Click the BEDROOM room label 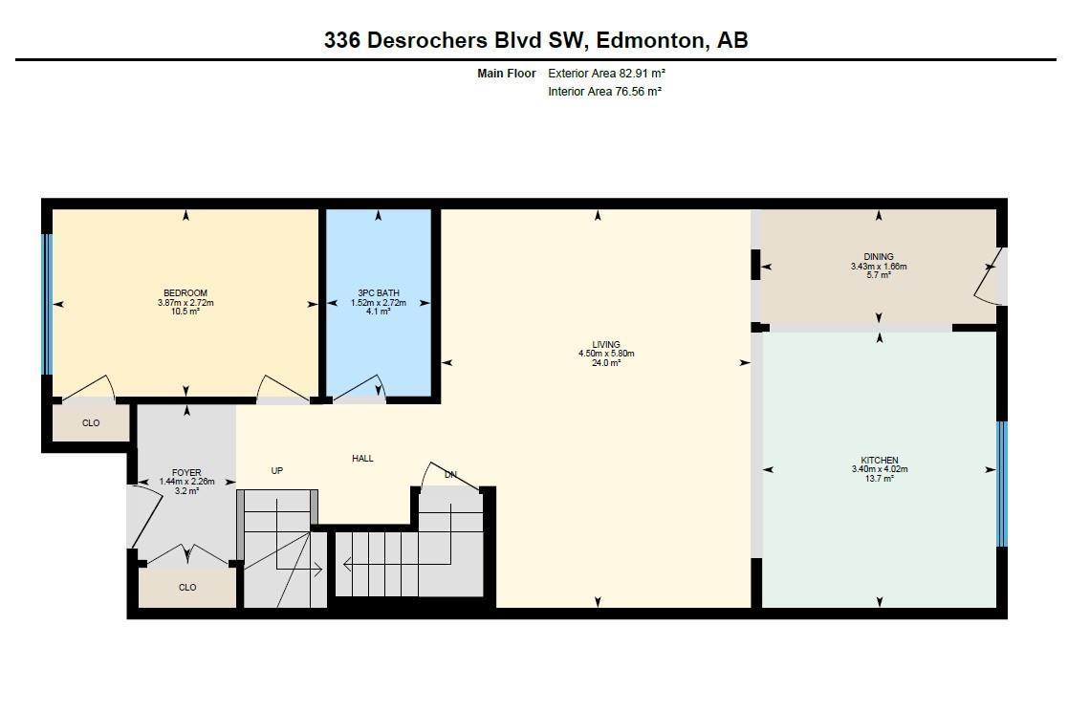pyautogui.click(x=185, y=292)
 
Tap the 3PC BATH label pyautogui.click(x=379, y=292)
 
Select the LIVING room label pyautogui.click(x=606, y=345)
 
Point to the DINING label pyautogui.click(x=879, y=257)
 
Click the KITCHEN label pyautogui.click(x=880, y=461)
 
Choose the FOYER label pyautogui.click(x=186, y=473)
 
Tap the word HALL pyautogui.click(x=362, y=459)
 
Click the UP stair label pyautogui.click(x=277, y=470)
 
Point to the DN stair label pyautogui.click(x=450, y=475)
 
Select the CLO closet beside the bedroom pyautogui.click(x=91, y=423)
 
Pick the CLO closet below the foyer pyautogui.click(x=187, y=587)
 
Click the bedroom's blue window pyautogui.click(x=47, y=304)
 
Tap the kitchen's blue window pyautogui.click(x=1002, y=485)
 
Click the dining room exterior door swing pyautogui.click(x=989, y=276)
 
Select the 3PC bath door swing pyautogui.click(x=360, y=388)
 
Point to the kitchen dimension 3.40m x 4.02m pyautogui.click(x=880, y=469)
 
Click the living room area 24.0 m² pyautogui.click(x=606, y=363)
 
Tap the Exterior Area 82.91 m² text pyautogui.click(x=606, y=73)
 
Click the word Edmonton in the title pyautogui.click(x=650, y=40)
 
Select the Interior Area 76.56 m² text pyautogui.click(x=605, y=91)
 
